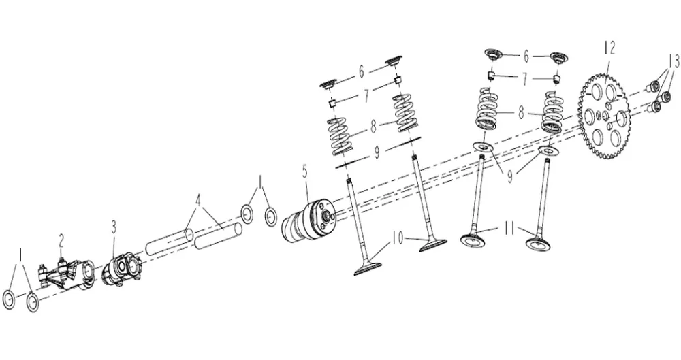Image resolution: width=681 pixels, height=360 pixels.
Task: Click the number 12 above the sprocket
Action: point(609,48)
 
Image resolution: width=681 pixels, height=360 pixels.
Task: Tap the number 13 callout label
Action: point(673,61)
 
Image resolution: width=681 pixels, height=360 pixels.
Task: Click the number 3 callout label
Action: point(114,226)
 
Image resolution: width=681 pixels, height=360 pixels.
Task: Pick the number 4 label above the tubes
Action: point(198,201)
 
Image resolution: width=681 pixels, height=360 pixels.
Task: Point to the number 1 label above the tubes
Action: point(259,182)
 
